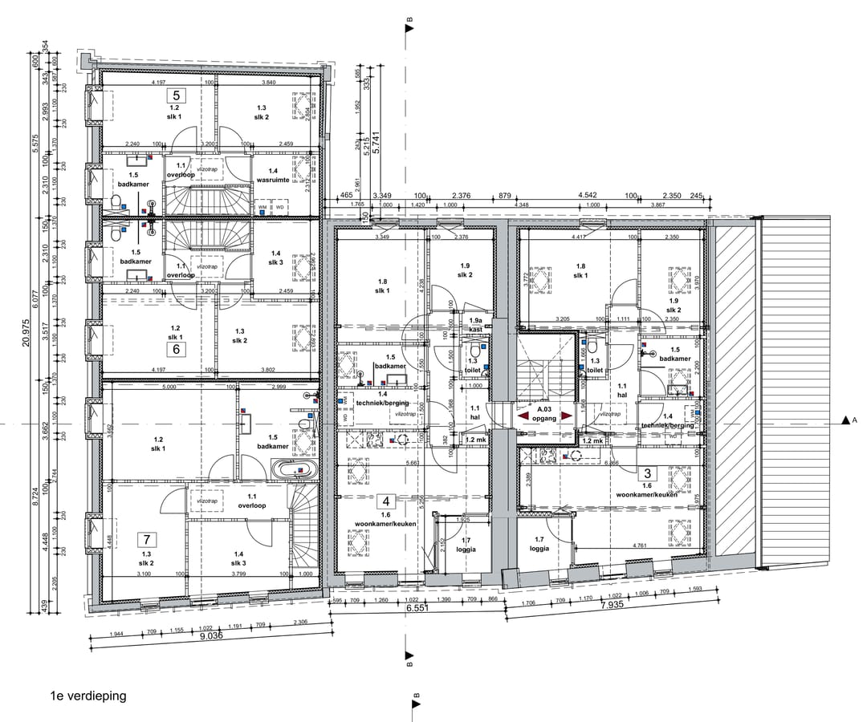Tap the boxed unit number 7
pos(145,539)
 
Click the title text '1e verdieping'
pos(88,696)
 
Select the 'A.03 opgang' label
pos(544,412)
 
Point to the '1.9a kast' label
pos(476,324)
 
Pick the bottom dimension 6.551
pos(415,609)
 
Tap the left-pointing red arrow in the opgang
pos(523,416)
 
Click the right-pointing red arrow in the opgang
pos(567,416)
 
